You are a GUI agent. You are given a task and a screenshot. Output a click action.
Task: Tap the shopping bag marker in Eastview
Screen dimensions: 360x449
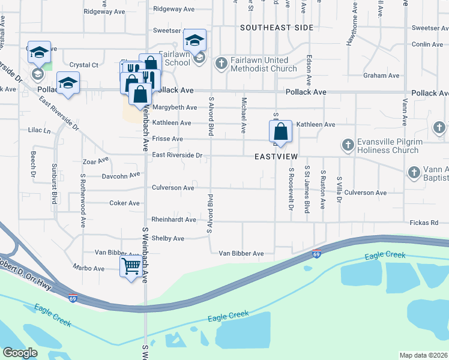tap(280, 131)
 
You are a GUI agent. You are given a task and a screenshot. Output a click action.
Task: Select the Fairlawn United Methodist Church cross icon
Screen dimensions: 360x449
tap(221, 64)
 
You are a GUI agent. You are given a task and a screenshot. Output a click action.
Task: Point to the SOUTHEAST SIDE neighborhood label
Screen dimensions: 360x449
tap(277, 28)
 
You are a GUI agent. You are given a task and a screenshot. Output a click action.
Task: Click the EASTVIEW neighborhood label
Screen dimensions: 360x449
tap(276, 155)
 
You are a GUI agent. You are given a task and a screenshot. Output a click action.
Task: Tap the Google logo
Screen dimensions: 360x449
tap(20, 353)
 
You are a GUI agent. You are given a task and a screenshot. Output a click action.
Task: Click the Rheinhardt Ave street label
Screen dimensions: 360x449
tap(174, 220)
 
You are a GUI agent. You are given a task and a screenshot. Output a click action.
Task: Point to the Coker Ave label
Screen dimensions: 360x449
tap(124, 203)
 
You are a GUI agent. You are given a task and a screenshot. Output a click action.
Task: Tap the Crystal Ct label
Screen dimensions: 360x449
tap(83, 65)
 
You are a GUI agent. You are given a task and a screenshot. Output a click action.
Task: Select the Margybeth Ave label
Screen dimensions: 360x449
tap(174, 107)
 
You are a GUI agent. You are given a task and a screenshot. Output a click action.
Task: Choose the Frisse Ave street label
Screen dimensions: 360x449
tap(167, 139)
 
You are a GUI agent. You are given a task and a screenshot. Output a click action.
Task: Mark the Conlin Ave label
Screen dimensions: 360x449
tap(427, 44)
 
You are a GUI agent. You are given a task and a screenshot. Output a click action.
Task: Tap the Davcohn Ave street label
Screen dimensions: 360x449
tap(120, 176)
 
